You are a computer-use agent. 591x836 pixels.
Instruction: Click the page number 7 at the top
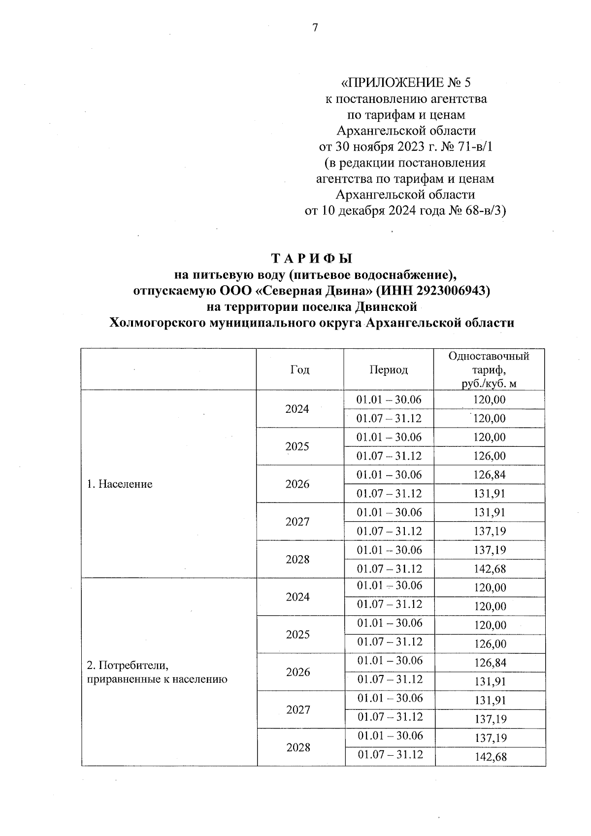(315, 28)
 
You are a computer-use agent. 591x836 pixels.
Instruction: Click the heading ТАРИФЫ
(312, 258)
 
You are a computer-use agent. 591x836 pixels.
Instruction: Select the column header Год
(300, 369)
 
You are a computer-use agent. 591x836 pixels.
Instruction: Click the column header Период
(389, 369)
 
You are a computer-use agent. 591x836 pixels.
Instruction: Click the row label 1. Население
(120, 484)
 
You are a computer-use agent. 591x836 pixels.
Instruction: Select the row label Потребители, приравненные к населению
(157, 672)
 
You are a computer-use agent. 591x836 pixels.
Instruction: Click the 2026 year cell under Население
(297, 484)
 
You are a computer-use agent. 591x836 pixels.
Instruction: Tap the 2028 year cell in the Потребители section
(298, 747)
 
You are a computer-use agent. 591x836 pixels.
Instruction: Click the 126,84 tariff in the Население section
(490, 475)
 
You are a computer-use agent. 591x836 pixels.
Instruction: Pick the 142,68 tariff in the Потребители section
(490, 757)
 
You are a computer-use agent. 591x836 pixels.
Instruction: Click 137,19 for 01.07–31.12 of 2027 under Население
(490, 531)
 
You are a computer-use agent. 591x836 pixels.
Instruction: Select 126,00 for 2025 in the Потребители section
(490, 644)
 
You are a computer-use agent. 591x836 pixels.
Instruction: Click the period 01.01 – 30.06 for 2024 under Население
(389, 400)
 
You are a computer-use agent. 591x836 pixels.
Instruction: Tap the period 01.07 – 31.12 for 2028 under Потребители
(390, 754)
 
